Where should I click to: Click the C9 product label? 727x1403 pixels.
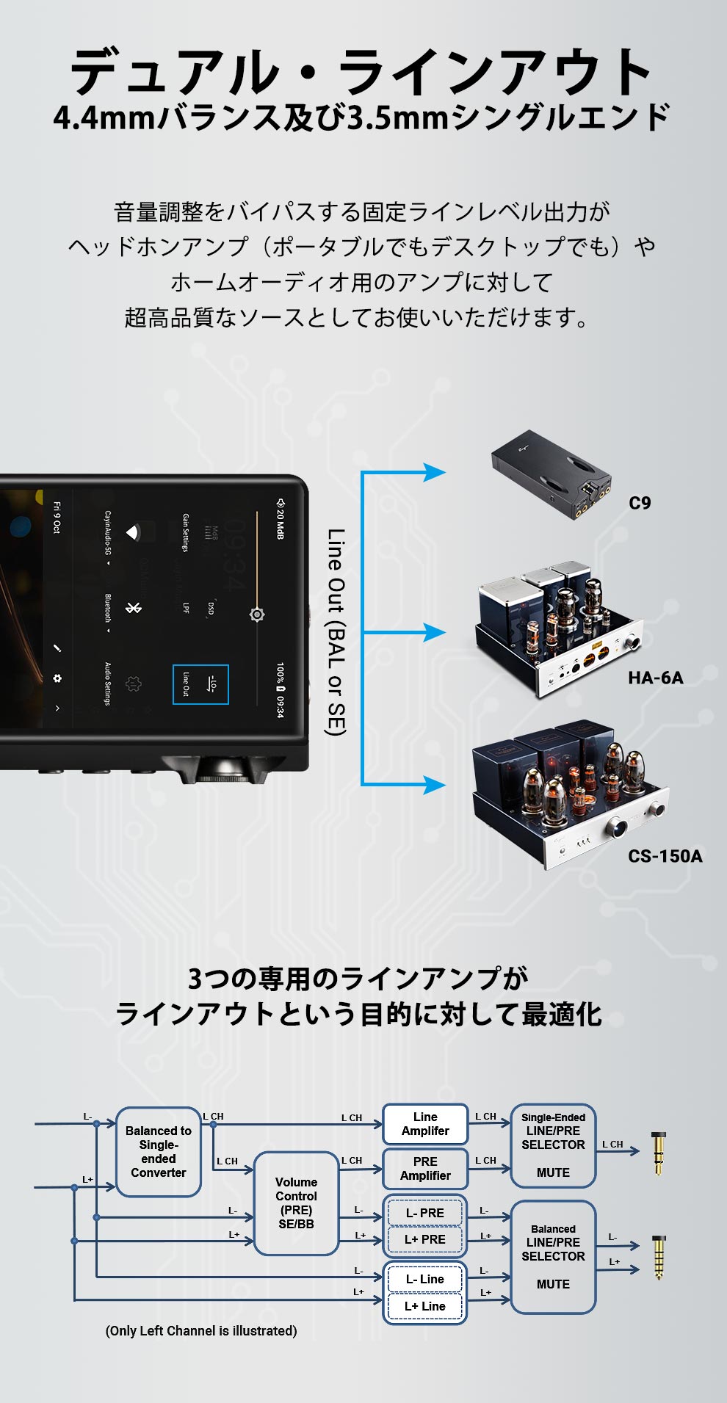tap(640, 503)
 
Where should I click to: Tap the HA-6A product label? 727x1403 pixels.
tap(655, 678)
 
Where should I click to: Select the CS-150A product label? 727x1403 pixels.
tap(665, 856)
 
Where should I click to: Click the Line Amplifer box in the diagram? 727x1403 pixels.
tap(425, 1124)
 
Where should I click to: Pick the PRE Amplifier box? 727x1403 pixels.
tap(425, 1169)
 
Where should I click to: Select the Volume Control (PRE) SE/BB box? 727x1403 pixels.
tap(296, 1203)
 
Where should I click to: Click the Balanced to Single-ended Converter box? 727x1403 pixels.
tap(159, 1152)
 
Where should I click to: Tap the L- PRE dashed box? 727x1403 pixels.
tap(425, 1213)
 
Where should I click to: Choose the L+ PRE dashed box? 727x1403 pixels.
tap(425, 1239)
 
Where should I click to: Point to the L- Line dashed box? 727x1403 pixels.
tap(425, 1279)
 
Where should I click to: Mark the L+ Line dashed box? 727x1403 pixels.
tap(425, 1306)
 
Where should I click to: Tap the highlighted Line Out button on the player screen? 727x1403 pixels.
tap(200, 684)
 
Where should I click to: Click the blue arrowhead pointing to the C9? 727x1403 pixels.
tap(435, 472)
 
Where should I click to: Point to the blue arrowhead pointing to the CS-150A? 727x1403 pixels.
tap(435, 785)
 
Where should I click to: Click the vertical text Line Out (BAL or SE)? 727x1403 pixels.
tap(336, 631)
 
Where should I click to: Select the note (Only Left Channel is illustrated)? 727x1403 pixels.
tap(201, 1330)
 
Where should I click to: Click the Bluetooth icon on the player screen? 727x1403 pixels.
tap(133, 608)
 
